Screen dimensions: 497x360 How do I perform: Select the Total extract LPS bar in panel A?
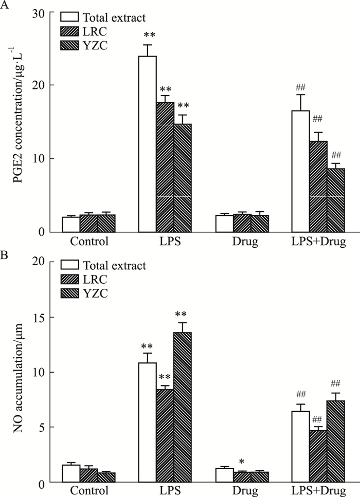[x=148, y=144]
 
